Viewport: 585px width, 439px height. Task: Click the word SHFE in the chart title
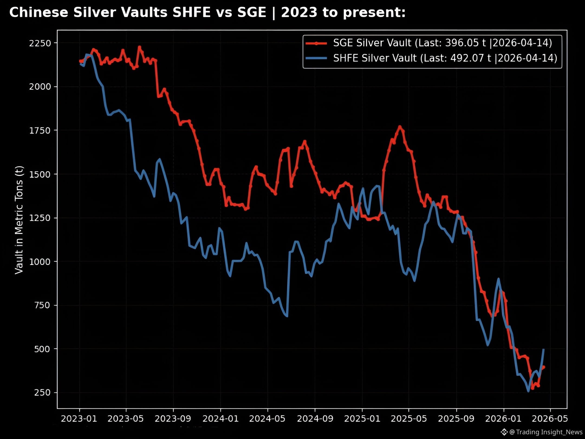tap(191, 12)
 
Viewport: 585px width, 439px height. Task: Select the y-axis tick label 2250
tap(40, 43)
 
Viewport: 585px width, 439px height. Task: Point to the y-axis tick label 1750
tap(40, 130)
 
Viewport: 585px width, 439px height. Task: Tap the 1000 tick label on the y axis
tap(40, 262)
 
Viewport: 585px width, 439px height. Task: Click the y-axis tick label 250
tap(43, 393)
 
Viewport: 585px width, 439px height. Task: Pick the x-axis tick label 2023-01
tap(79, 419)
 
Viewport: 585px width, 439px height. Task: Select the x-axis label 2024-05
tap(267, 419)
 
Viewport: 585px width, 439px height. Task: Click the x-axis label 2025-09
tap(456, 419)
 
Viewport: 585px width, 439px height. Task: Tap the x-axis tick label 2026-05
tap(550, 419)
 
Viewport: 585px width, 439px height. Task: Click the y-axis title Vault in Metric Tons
tap(19, 220)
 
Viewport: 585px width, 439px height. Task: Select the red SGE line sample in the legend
tap(316, 43)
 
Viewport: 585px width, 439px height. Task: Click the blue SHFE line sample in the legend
tap(316, 58)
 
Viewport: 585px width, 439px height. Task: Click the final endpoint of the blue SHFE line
tap(543, 349)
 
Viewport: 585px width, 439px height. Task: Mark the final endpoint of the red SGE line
tap(544, 367)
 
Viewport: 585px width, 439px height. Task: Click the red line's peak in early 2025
tap(400, 126)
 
